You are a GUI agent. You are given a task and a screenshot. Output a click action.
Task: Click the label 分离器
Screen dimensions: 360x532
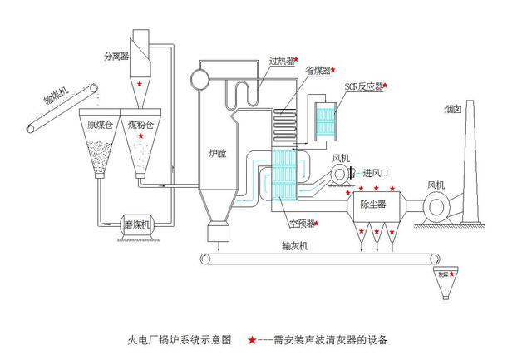tap(116, 56)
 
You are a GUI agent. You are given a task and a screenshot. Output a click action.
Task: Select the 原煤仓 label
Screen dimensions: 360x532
tap(99, 126)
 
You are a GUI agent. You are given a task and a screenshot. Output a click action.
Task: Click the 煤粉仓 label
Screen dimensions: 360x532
tap(140, 126)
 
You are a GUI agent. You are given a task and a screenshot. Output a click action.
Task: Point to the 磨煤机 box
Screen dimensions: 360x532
tap(136, 224)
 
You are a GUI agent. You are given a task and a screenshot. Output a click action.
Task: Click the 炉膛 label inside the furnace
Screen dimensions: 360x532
tap(219, 153)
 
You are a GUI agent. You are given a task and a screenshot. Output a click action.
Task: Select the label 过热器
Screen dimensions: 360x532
tap(282, 61)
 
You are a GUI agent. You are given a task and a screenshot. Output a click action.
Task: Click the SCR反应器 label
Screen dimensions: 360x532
tap(362, 85)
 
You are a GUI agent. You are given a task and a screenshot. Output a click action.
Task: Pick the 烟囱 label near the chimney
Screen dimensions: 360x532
tap(454, 108)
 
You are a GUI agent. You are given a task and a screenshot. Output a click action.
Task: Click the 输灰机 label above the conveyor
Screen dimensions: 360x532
tap(295, 245)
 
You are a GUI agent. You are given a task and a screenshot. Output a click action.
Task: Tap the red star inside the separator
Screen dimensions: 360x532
tap(140, 84)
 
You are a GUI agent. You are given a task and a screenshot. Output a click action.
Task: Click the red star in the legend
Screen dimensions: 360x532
tap(250, 339)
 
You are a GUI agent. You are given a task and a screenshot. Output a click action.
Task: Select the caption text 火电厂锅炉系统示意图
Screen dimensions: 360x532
tap(179, 339)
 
